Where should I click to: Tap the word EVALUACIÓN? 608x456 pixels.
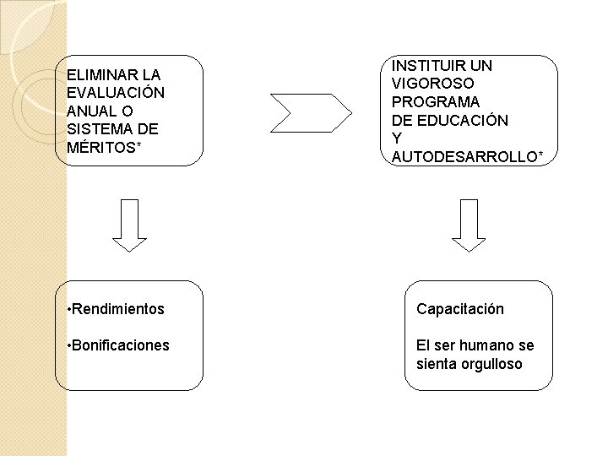click(x=115, y=92)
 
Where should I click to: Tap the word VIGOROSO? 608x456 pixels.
click(x=432, y=84)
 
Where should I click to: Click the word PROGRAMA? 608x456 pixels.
click(x=436, y=101)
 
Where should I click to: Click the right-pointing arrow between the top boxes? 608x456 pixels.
click(x=310, y=109)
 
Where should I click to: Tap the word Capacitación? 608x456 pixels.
click(x=459, y=309)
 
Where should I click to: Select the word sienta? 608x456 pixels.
click(x=433, y=364)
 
